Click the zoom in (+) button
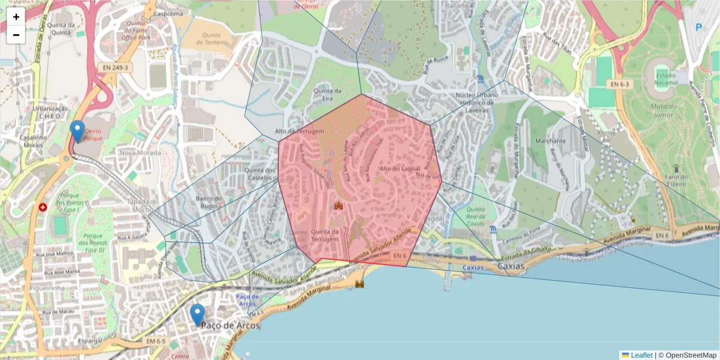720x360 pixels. (x=16, y=17)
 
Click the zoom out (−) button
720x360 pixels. (x=16, y=35)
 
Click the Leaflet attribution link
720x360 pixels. (x=641, y=355)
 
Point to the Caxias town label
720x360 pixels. (x=511, y=266)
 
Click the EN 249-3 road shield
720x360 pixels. (x=115, y=68)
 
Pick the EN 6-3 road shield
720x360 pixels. (x=621, y=85)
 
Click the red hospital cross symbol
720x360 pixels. (x=43, y=208)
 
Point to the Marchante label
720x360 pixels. (x=552, y=141)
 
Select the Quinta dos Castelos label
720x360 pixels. (x=260, y=174)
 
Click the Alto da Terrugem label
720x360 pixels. (x=299, y=131)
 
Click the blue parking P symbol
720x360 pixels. (x=698, y=27)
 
